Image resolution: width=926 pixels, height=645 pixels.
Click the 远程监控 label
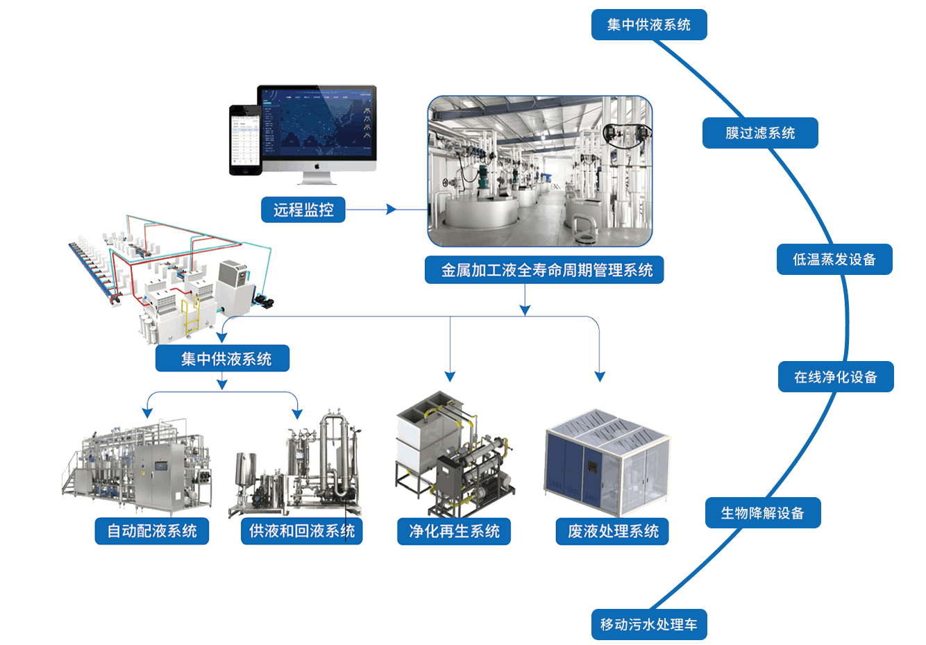[x=303, y=210]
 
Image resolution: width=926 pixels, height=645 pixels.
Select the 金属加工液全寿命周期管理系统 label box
[x=544, y=270]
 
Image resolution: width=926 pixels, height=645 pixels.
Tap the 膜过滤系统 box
[x=760, y=133]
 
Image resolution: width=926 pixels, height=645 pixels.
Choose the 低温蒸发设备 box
[x=834, y=259]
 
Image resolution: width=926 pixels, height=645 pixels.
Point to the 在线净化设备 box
[x=836, y=377]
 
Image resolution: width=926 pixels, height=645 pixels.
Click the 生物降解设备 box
[x=763, y=512]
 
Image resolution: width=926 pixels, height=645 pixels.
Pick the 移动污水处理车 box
[x=649, y=624]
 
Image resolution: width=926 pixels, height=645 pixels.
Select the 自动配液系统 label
[x=152, y=531]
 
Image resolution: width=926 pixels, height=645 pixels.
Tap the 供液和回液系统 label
[x=302, y=531]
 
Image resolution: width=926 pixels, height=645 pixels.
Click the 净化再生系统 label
[x=454, y=531]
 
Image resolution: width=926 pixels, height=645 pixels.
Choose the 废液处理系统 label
[x=612, y=531]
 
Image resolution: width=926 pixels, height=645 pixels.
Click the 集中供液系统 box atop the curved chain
[x=649, y=25]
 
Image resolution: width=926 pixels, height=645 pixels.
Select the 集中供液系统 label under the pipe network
[x=222, y=358]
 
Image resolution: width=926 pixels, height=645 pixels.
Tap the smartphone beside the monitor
[x=246, y=140]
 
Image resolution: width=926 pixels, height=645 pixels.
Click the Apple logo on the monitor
[x=317, y=166]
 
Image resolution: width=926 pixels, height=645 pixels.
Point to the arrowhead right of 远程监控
[x=391, y=209]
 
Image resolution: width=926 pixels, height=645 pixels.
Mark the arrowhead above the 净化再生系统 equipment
[x=451, y=376]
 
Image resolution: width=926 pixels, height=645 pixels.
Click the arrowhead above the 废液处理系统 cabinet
[x=600, y=376]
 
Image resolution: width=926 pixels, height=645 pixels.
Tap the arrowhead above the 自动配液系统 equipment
[x=147, y=412]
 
